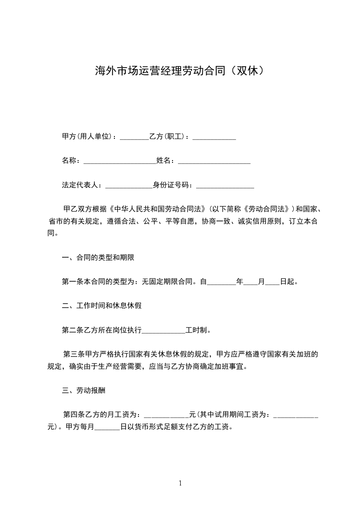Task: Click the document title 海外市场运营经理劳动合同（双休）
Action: (180, 71)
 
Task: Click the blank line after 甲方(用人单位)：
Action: (134, 137)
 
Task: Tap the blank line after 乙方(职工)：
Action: (214, 137)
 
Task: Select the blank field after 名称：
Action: (120, 161)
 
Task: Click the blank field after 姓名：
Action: (214, 161)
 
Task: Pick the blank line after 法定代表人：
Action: (129, 185)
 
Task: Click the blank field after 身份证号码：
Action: (225, 185)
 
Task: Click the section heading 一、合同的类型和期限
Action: (98, 258)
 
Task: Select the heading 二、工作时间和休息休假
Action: (102, 306)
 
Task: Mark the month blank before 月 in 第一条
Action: (251, 282)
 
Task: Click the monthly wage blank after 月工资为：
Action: (166, 415)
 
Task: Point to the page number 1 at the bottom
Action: (180, 483)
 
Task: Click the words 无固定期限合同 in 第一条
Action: (168, 282)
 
